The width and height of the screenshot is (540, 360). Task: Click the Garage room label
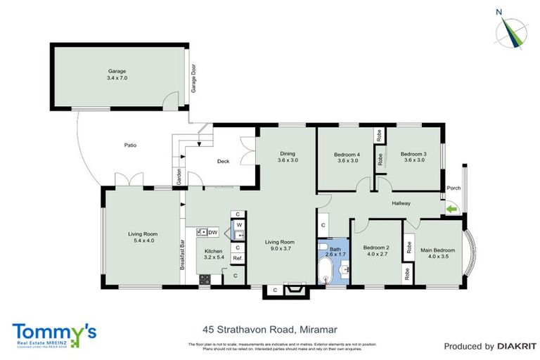[x=117, y=75]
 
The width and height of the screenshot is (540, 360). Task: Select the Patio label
[x=130, y=146]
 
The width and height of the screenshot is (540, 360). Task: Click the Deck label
[x=223, y=162]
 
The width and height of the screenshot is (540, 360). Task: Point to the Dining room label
[x=287, y=157]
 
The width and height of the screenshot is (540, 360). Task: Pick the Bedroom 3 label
[x=413, y=157]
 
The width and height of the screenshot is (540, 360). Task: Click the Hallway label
[x=401, y=204]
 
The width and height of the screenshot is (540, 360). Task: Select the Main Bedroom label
[x=438, y=253]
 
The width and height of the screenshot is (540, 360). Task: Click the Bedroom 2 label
[x=376, y=251]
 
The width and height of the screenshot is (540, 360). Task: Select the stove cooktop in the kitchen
[x=205, y=278]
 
